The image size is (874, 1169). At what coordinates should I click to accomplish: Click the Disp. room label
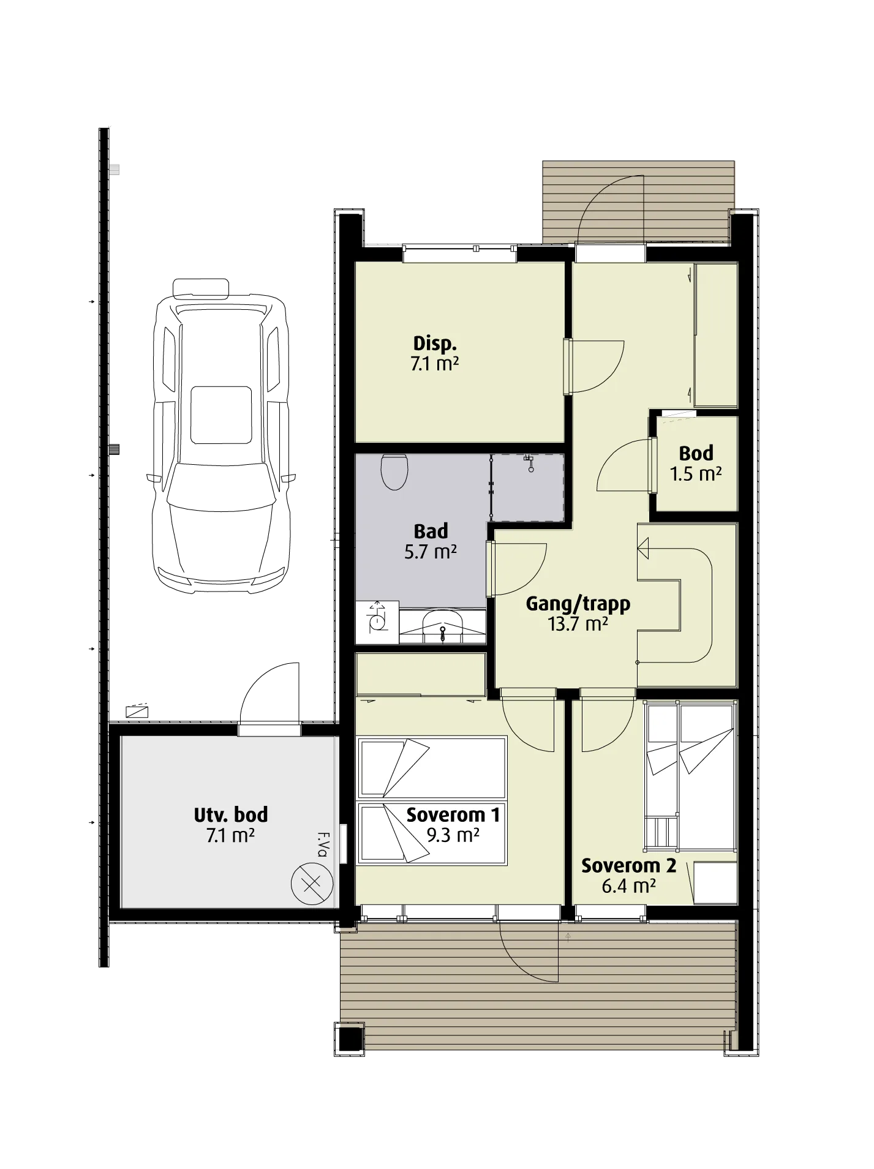[x=435, y=343]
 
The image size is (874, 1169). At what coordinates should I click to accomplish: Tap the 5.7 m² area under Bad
[x=430, y=552]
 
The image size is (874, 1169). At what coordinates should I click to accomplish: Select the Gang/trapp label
[x=578, y=604]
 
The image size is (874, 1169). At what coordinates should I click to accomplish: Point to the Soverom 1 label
[x=453, y=815]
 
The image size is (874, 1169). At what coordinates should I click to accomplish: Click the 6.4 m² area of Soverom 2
[x=628, y=886]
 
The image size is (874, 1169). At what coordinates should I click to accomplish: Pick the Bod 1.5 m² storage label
[x=696, y=463]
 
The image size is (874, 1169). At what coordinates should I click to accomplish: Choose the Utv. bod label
[x=231, y=815]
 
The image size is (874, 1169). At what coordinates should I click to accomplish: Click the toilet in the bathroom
[x=394, y=472]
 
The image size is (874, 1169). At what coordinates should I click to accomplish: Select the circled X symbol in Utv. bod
[x=312, y=883]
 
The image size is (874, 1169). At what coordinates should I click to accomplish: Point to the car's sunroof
[x=221, y=415]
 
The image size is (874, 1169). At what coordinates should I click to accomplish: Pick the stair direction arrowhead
[x=642, y=548]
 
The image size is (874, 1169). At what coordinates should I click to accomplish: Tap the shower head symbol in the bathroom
[x=529, y=460]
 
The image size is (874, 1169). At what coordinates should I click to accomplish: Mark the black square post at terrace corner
[x=351, y=1039]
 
